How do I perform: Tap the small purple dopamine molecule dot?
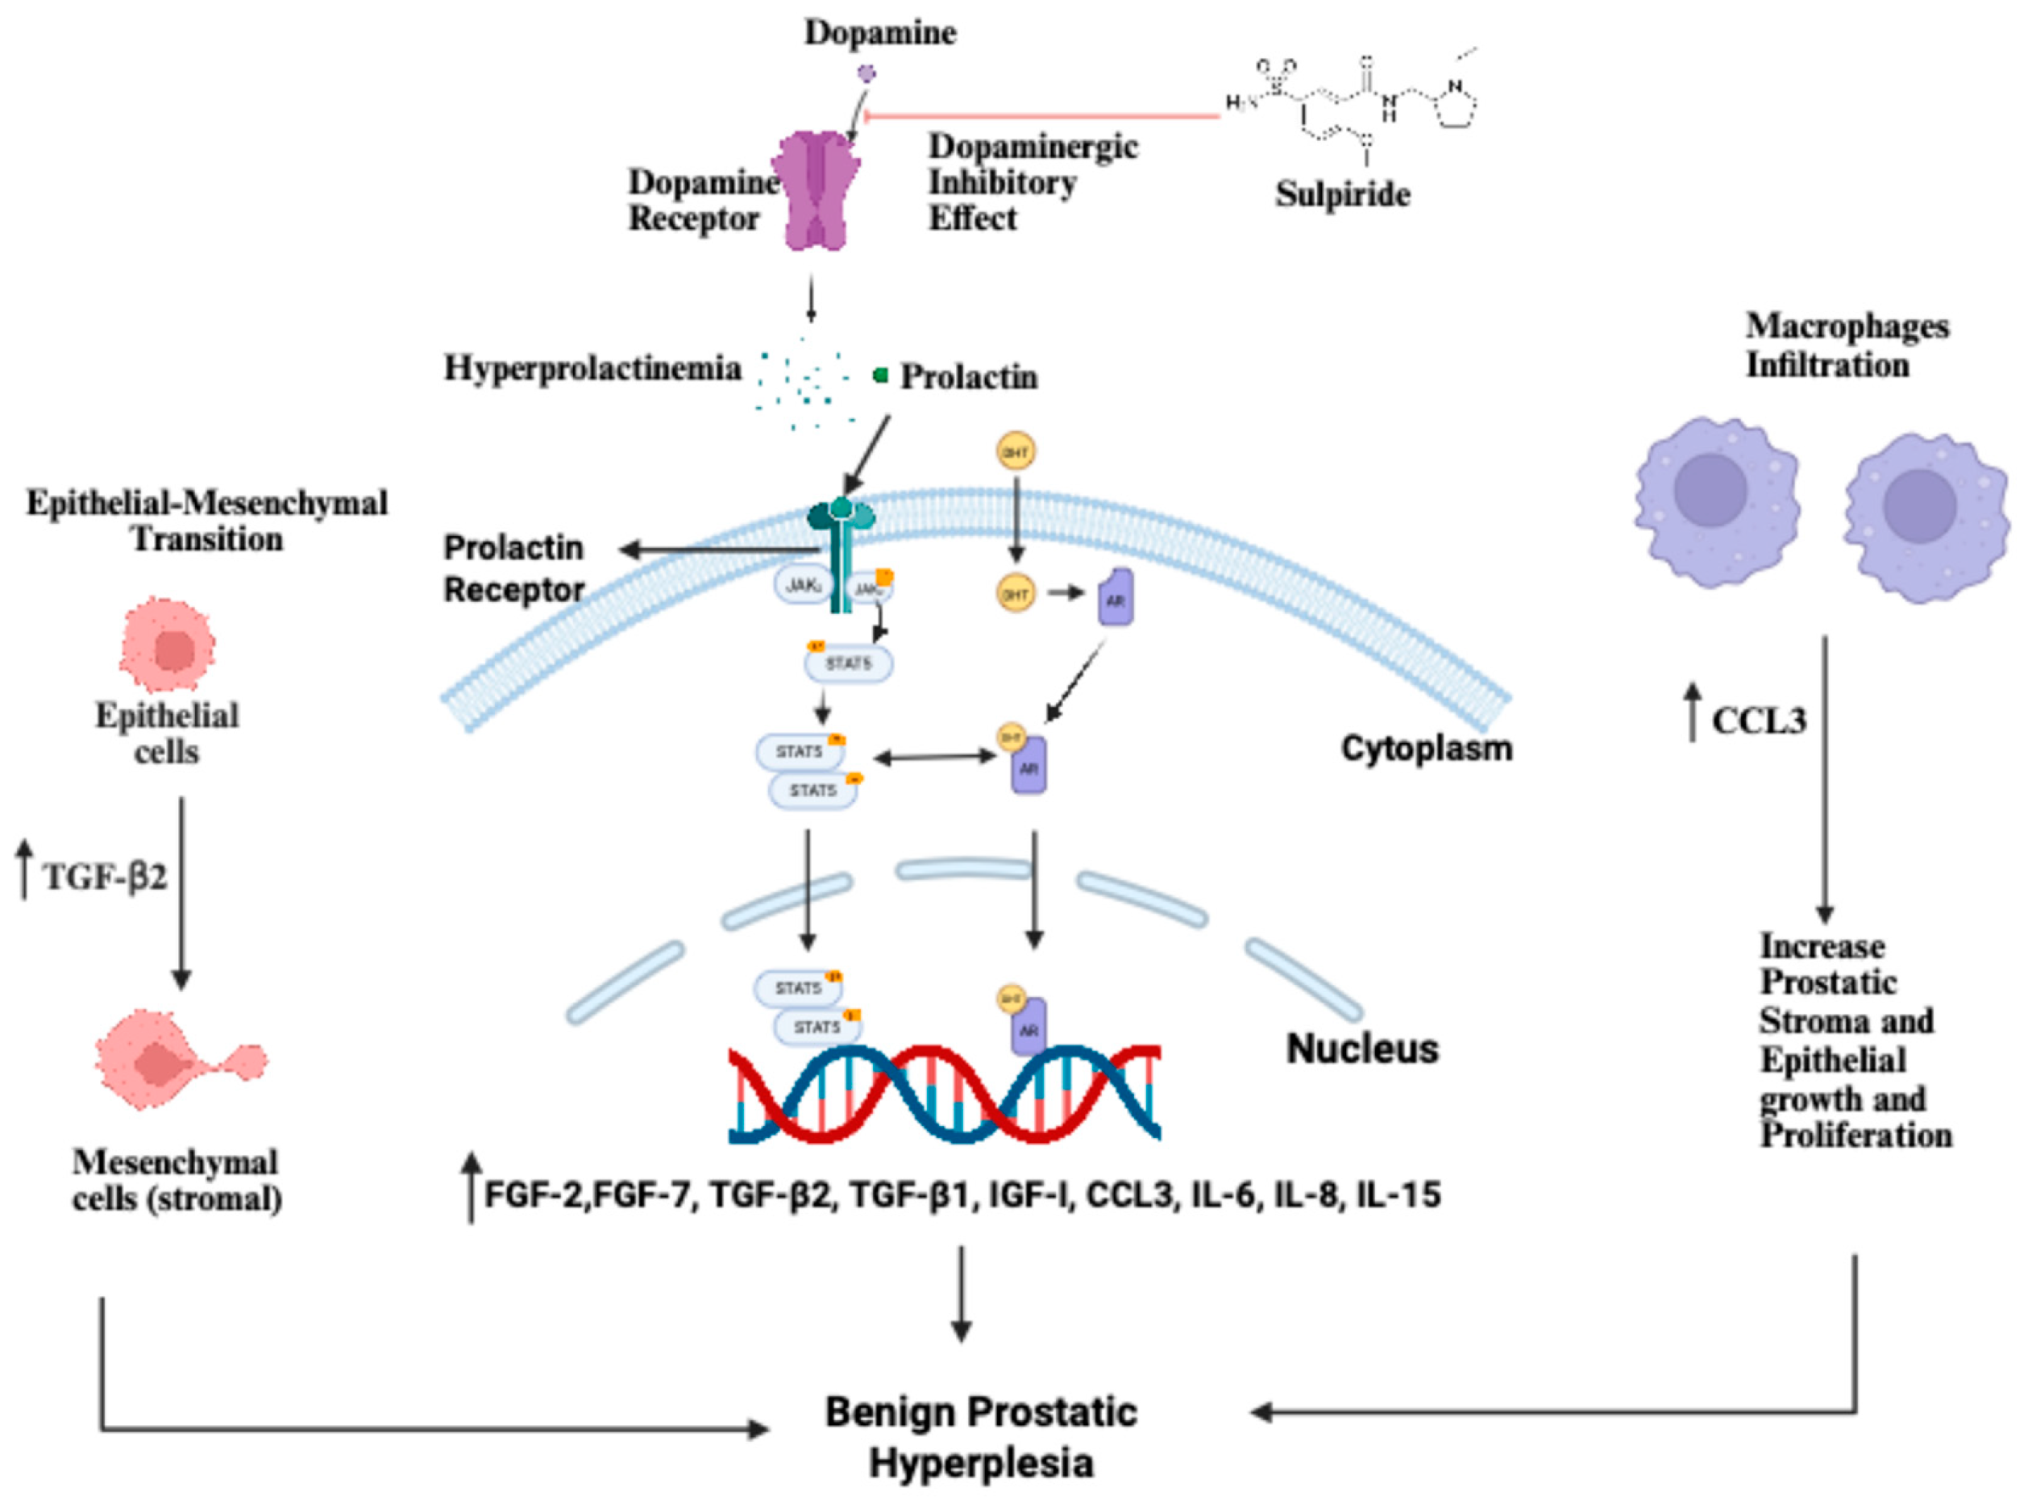click(866, 73)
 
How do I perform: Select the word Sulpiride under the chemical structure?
click(1341, 194)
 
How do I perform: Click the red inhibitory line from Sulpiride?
click(1043, 116)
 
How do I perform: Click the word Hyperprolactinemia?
click(592, 369)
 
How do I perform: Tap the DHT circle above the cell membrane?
click(1016, 451)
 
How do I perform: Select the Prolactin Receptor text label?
click(513, 568)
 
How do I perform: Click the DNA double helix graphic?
click(944, 1095)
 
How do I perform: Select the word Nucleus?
click(1361, 1049)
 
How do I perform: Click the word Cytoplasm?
click(1426, 749)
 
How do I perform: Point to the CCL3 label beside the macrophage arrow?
click(1758, 722)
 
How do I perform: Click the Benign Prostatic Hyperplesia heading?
click(981, 1437)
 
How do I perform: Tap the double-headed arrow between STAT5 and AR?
click(934, 757)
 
